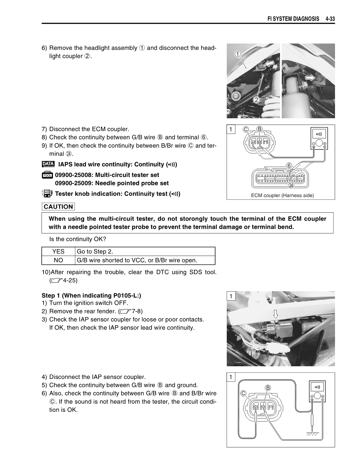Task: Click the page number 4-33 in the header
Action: click(x=330, y=19)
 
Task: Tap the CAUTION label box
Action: click(x=58, y=207)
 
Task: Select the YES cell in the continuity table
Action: click(x=58, y=252)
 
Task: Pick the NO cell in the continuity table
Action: click(x=58, y=260)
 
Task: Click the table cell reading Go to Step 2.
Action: click(x=95, y=252)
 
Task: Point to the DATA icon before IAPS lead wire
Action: click(x=48, y=164)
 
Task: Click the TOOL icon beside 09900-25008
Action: click(x=47, y=175)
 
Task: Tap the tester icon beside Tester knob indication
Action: click(x=47, y=194)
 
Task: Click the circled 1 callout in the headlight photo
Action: click(x=238, y=54)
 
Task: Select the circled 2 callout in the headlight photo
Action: click(x=256, y=100)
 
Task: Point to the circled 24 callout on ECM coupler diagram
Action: click(x=291, y=185)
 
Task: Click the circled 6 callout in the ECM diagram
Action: click(x=289, y=166)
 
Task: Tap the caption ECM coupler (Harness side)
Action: click(x=282, y=195)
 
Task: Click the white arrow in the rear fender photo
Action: click(x=276, y=314)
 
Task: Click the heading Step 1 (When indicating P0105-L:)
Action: click(x=91, y=296)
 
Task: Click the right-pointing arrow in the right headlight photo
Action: click(x=309, y=77)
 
